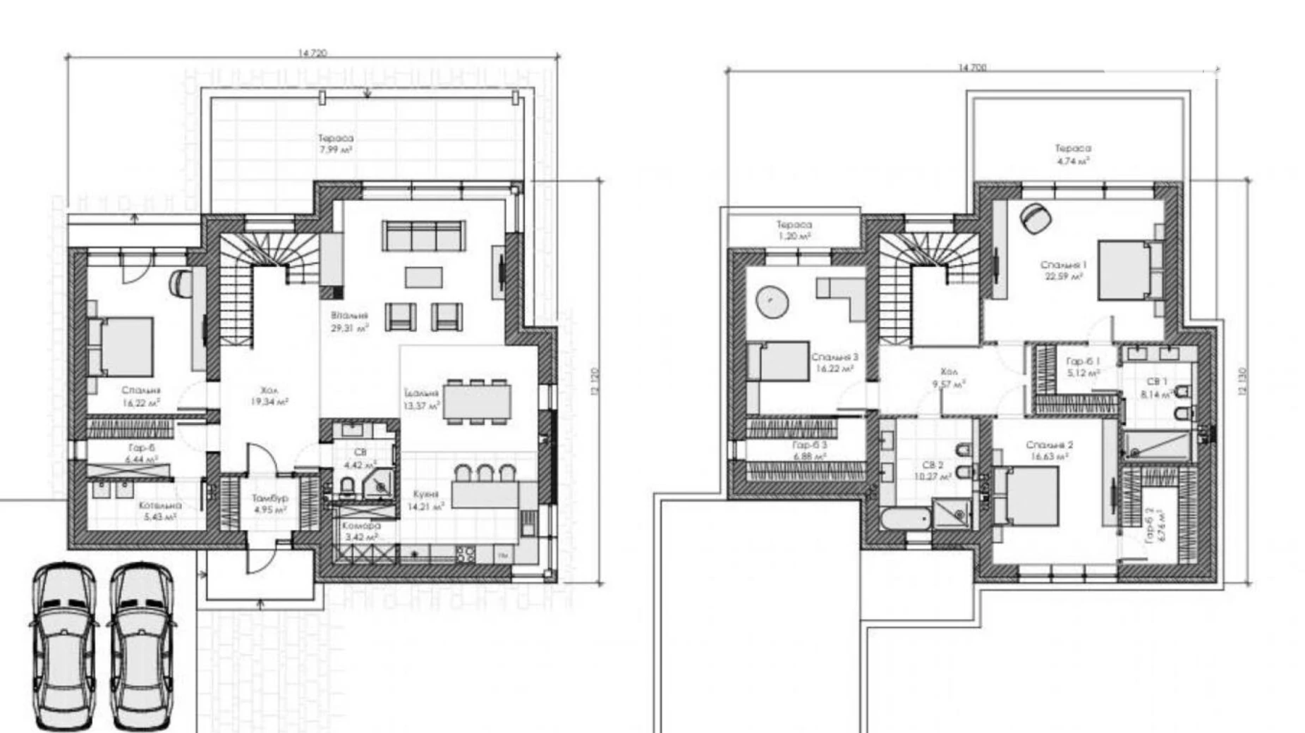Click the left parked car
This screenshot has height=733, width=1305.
(x=64, y=646)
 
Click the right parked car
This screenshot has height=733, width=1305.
(x=141, y=646)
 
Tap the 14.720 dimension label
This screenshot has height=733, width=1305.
(x=312, y=53)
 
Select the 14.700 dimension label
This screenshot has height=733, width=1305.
(x=972, y=68)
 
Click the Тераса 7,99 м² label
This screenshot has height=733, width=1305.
(x=335, y=144)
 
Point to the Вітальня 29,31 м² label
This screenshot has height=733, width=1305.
(x=349, y=322)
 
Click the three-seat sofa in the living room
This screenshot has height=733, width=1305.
(x=423, y=235)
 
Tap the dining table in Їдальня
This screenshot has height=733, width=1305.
(x=477, y=402)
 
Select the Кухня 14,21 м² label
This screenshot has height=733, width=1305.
(x=425, y=500)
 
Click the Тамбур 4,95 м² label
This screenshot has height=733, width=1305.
(x=269, y=503)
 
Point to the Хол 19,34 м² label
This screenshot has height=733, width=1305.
(x=269, y=395)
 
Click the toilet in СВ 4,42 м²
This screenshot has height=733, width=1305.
(x=346, y=486)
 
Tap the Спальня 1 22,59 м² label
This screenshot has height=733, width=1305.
(x=1064, y=271)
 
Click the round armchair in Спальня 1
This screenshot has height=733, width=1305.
(x=1035, y=218)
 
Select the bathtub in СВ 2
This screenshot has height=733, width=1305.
(x=904, y=521)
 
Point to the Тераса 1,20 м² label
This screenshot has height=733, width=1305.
(x=794, y=230)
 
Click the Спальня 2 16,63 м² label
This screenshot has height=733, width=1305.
(x=1049, y=450)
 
